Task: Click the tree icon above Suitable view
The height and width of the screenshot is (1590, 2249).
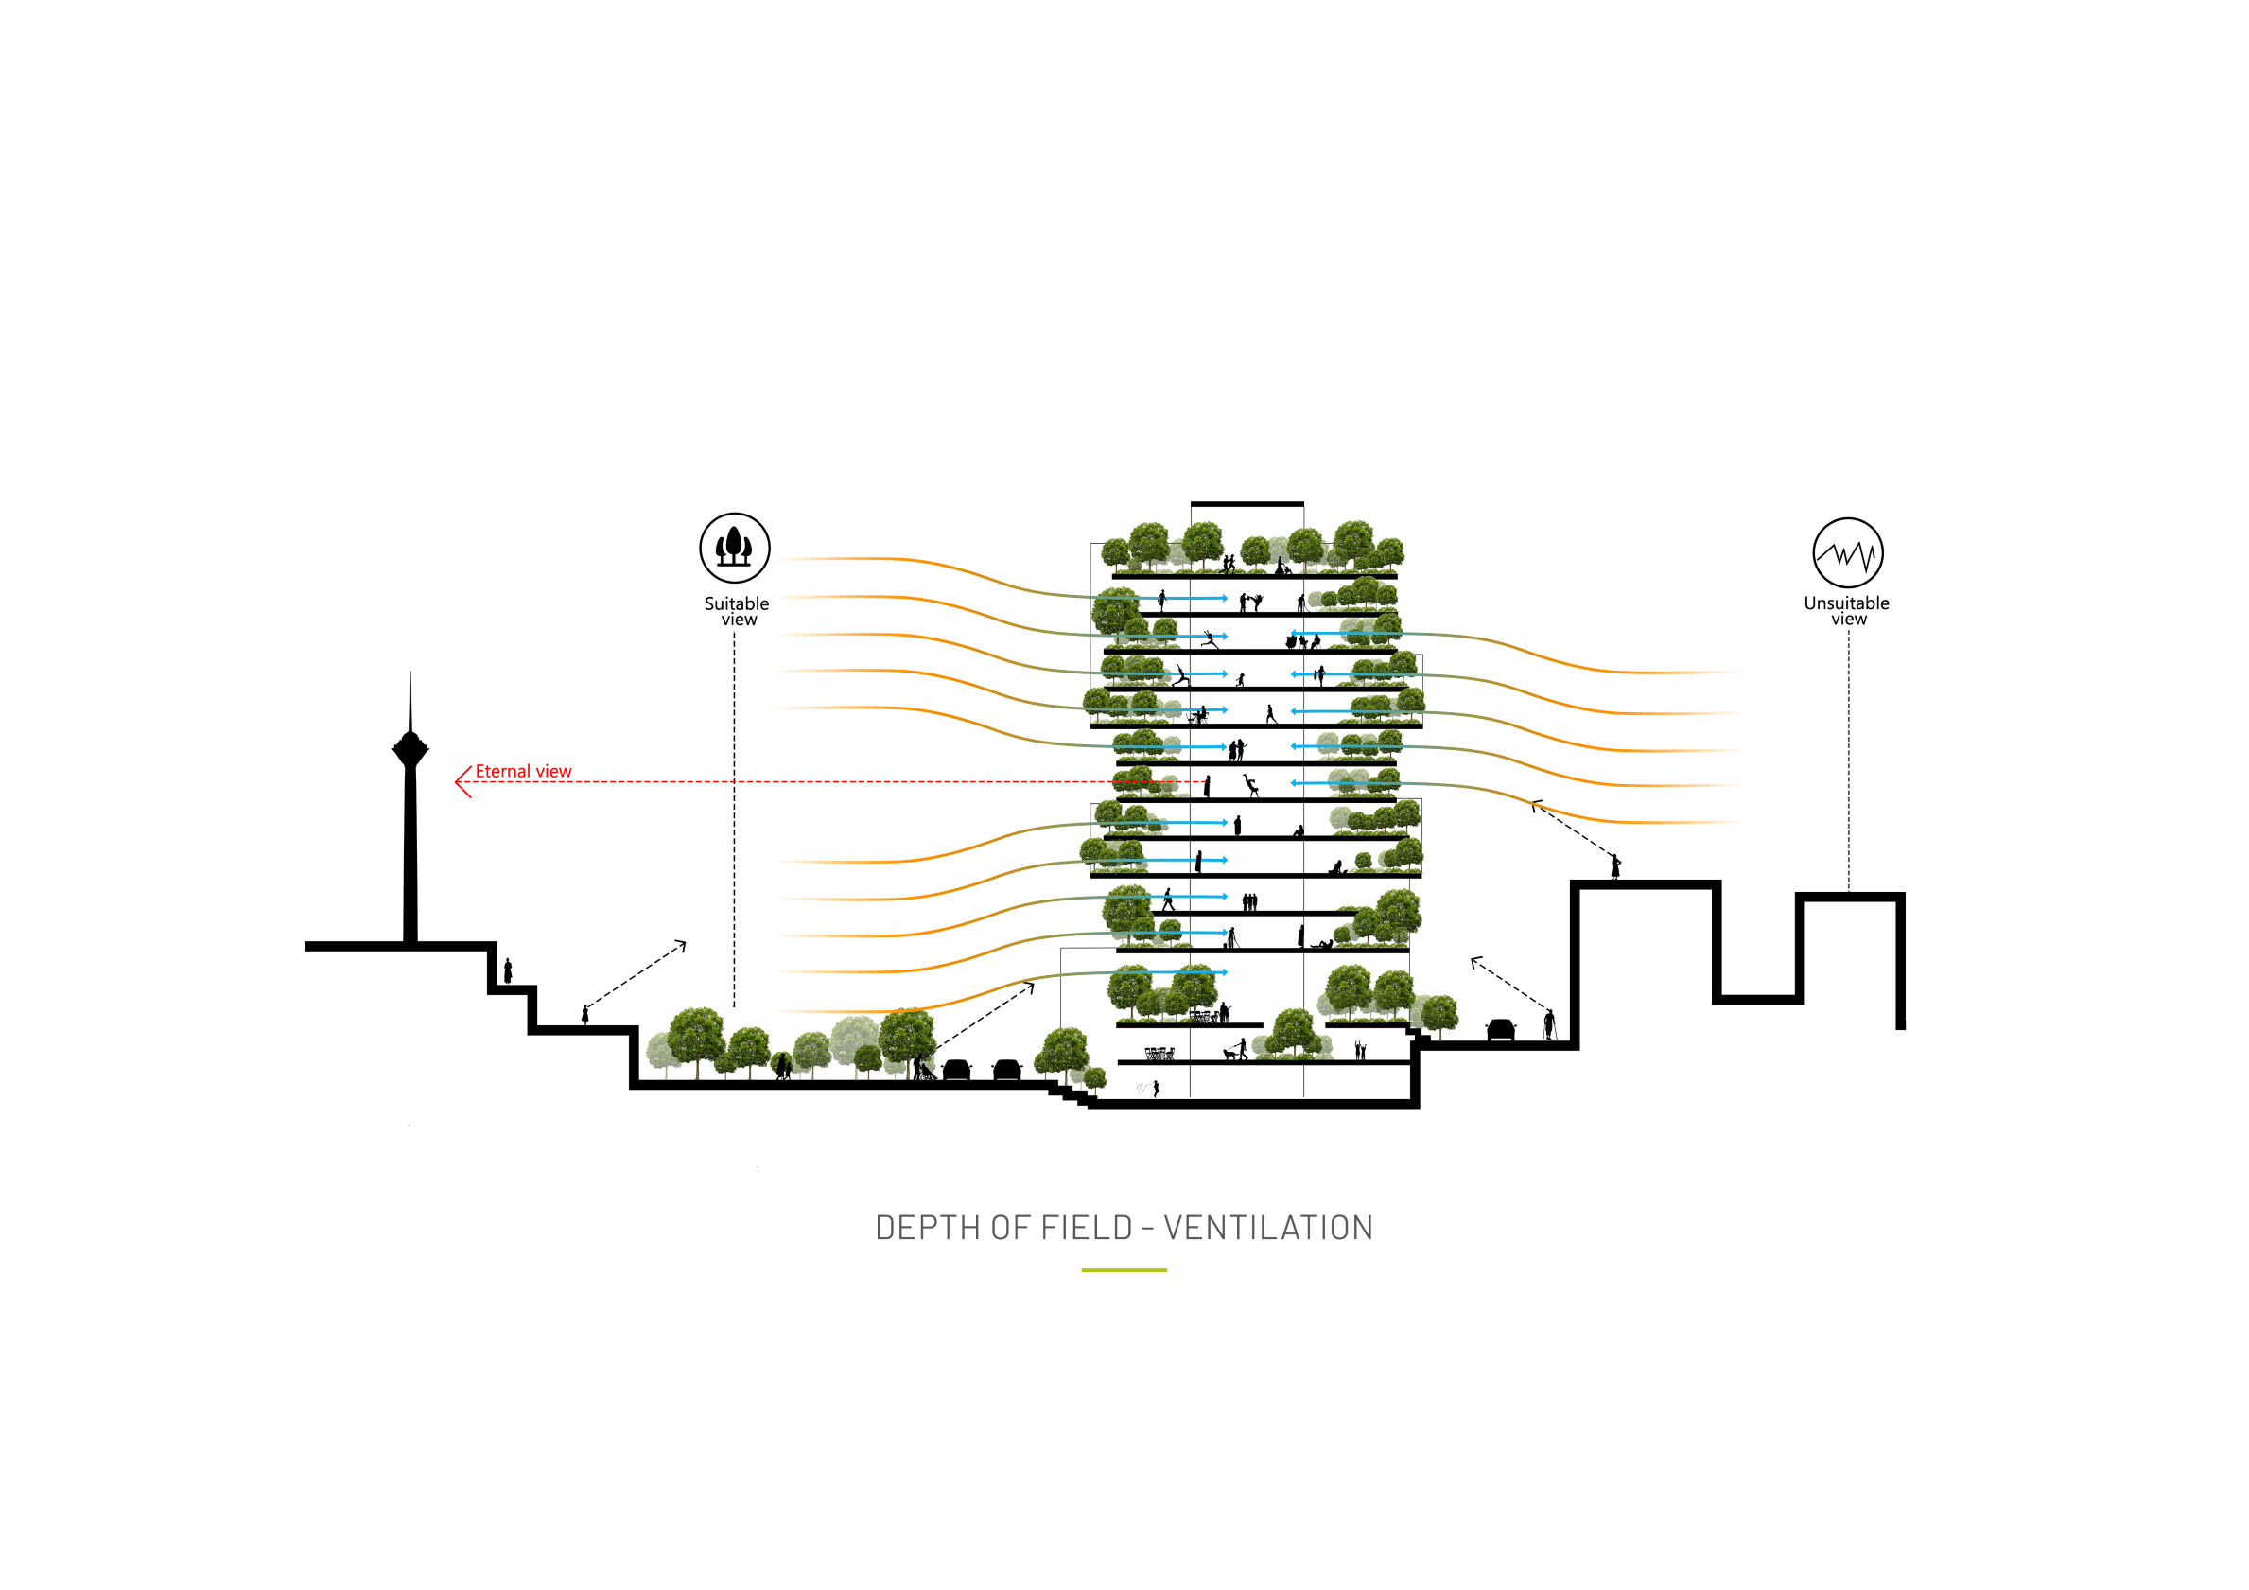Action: [x=735, y=548]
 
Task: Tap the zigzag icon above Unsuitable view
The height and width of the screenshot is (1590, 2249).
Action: [x=1847, y=552]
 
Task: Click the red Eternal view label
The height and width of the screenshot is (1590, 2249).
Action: [x=523, y=772]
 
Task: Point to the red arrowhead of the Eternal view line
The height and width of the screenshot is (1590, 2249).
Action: [x=462, y=782]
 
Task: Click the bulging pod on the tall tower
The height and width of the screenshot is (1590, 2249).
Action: [x=410, y=748]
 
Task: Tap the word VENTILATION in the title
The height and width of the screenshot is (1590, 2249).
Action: [x=1268, y=1228]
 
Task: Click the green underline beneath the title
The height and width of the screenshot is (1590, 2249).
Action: [x=1124, y=1270]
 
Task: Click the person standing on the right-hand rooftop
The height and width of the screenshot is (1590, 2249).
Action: [x=1615, y=867]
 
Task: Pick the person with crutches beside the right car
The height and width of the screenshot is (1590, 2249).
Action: [x=1549, y=1023]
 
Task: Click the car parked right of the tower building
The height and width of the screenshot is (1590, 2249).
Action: [x=1501, y=1030]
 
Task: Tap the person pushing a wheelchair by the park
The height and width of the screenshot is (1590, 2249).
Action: [x=922, y=1069]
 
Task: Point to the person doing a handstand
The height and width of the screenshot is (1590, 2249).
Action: [x=1250, y=785]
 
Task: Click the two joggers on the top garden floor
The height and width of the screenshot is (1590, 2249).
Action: [x=1229, y=565]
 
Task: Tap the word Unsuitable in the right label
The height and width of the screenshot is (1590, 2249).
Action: [x=1846, y=603]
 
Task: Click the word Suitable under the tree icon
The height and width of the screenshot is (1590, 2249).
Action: [x=737, y=604]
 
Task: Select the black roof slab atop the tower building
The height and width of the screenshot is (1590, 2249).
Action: [x=1247, y=504]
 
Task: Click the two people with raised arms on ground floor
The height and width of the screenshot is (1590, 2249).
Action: [x=1360, y=1051]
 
